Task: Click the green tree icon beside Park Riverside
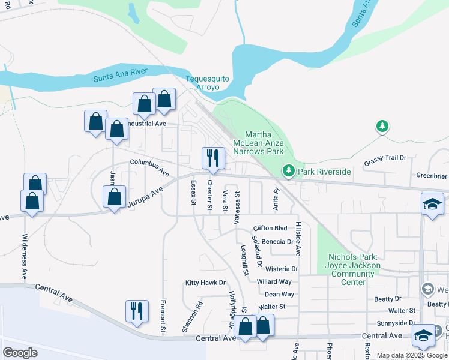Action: [289, 172]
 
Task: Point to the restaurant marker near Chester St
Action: [213, 158]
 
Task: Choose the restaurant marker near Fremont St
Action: [137, 311]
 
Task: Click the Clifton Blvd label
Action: [270, 228]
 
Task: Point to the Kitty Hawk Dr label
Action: [205, 283]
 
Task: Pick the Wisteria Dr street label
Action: [277, 269]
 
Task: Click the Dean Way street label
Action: [279, 294]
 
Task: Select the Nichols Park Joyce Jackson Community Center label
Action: [353, 269]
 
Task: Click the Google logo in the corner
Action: [20, 352]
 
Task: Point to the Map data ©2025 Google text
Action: [412, 355]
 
